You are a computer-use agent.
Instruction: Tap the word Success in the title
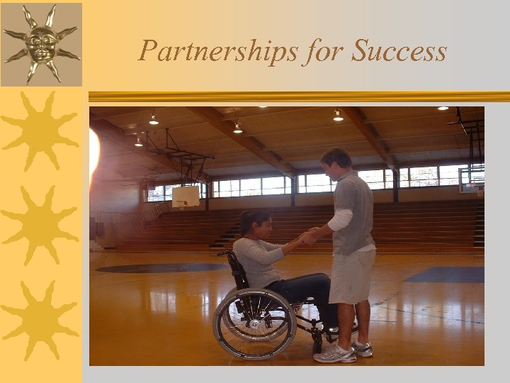[x=400, y=52]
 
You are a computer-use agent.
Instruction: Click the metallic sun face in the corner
[x=40, y=43]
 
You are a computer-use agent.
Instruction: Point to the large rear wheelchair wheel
[x=253, y=323]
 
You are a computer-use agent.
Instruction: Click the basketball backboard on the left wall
[x=186, y=196]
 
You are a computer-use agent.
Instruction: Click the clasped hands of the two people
[x=310, y=236]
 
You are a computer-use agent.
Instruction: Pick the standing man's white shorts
[x=351, y=275]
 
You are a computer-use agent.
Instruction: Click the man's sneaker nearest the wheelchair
[x=336, y=353]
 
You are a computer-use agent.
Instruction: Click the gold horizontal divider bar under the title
[x=297, y=96]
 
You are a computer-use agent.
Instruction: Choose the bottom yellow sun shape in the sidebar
[x=40, y=319]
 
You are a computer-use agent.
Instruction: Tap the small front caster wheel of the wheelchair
[x=317, y=347]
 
